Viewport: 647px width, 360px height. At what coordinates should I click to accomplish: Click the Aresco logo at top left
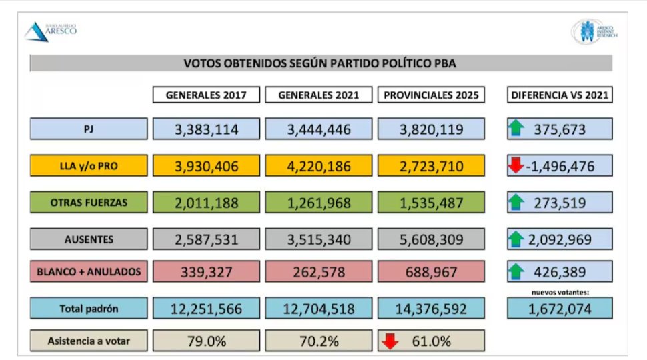tap(51, 31)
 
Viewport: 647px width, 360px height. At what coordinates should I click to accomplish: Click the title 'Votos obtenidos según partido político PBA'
tap(320, 63)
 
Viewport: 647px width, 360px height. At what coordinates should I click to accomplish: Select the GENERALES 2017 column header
tap(206, 95)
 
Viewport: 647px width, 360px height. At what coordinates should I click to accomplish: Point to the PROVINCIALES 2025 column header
tap(432, 95)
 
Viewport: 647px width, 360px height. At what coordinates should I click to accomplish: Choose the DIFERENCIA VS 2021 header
tap(560, 95)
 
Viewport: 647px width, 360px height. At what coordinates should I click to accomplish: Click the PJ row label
tap(89, 129)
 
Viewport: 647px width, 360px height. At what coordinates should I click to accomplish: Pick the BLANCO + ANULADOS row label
tap(89, 271)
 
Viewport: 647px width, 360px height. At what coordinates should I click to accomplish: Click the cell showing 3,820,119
tap(432, 129)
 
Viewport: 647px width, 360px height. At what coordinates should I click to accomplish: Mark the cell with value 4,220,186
tap(319, 166)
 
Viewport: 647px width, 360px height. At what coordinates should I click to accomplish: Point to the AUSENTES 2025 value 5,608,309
tap(432, 239)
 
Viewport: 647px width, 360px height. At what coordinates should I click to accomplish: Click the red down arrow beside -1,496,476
tap(516, 165)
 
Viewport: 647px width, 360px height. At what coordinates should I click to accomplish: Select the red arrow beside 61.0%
tap(390, 341)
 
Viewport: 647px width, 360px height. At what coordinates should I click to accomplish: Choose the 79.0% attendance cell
tap(206, 341)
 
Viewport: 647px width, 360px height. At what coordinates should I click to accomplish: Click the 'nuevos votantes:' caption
tap(559, 292)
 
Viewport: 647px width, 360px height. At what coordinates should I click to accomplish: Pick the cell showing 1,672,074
tap(560, 308)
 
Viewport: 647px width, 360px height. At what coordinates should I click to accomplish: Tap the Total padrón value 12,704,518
tap(319, 308)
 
